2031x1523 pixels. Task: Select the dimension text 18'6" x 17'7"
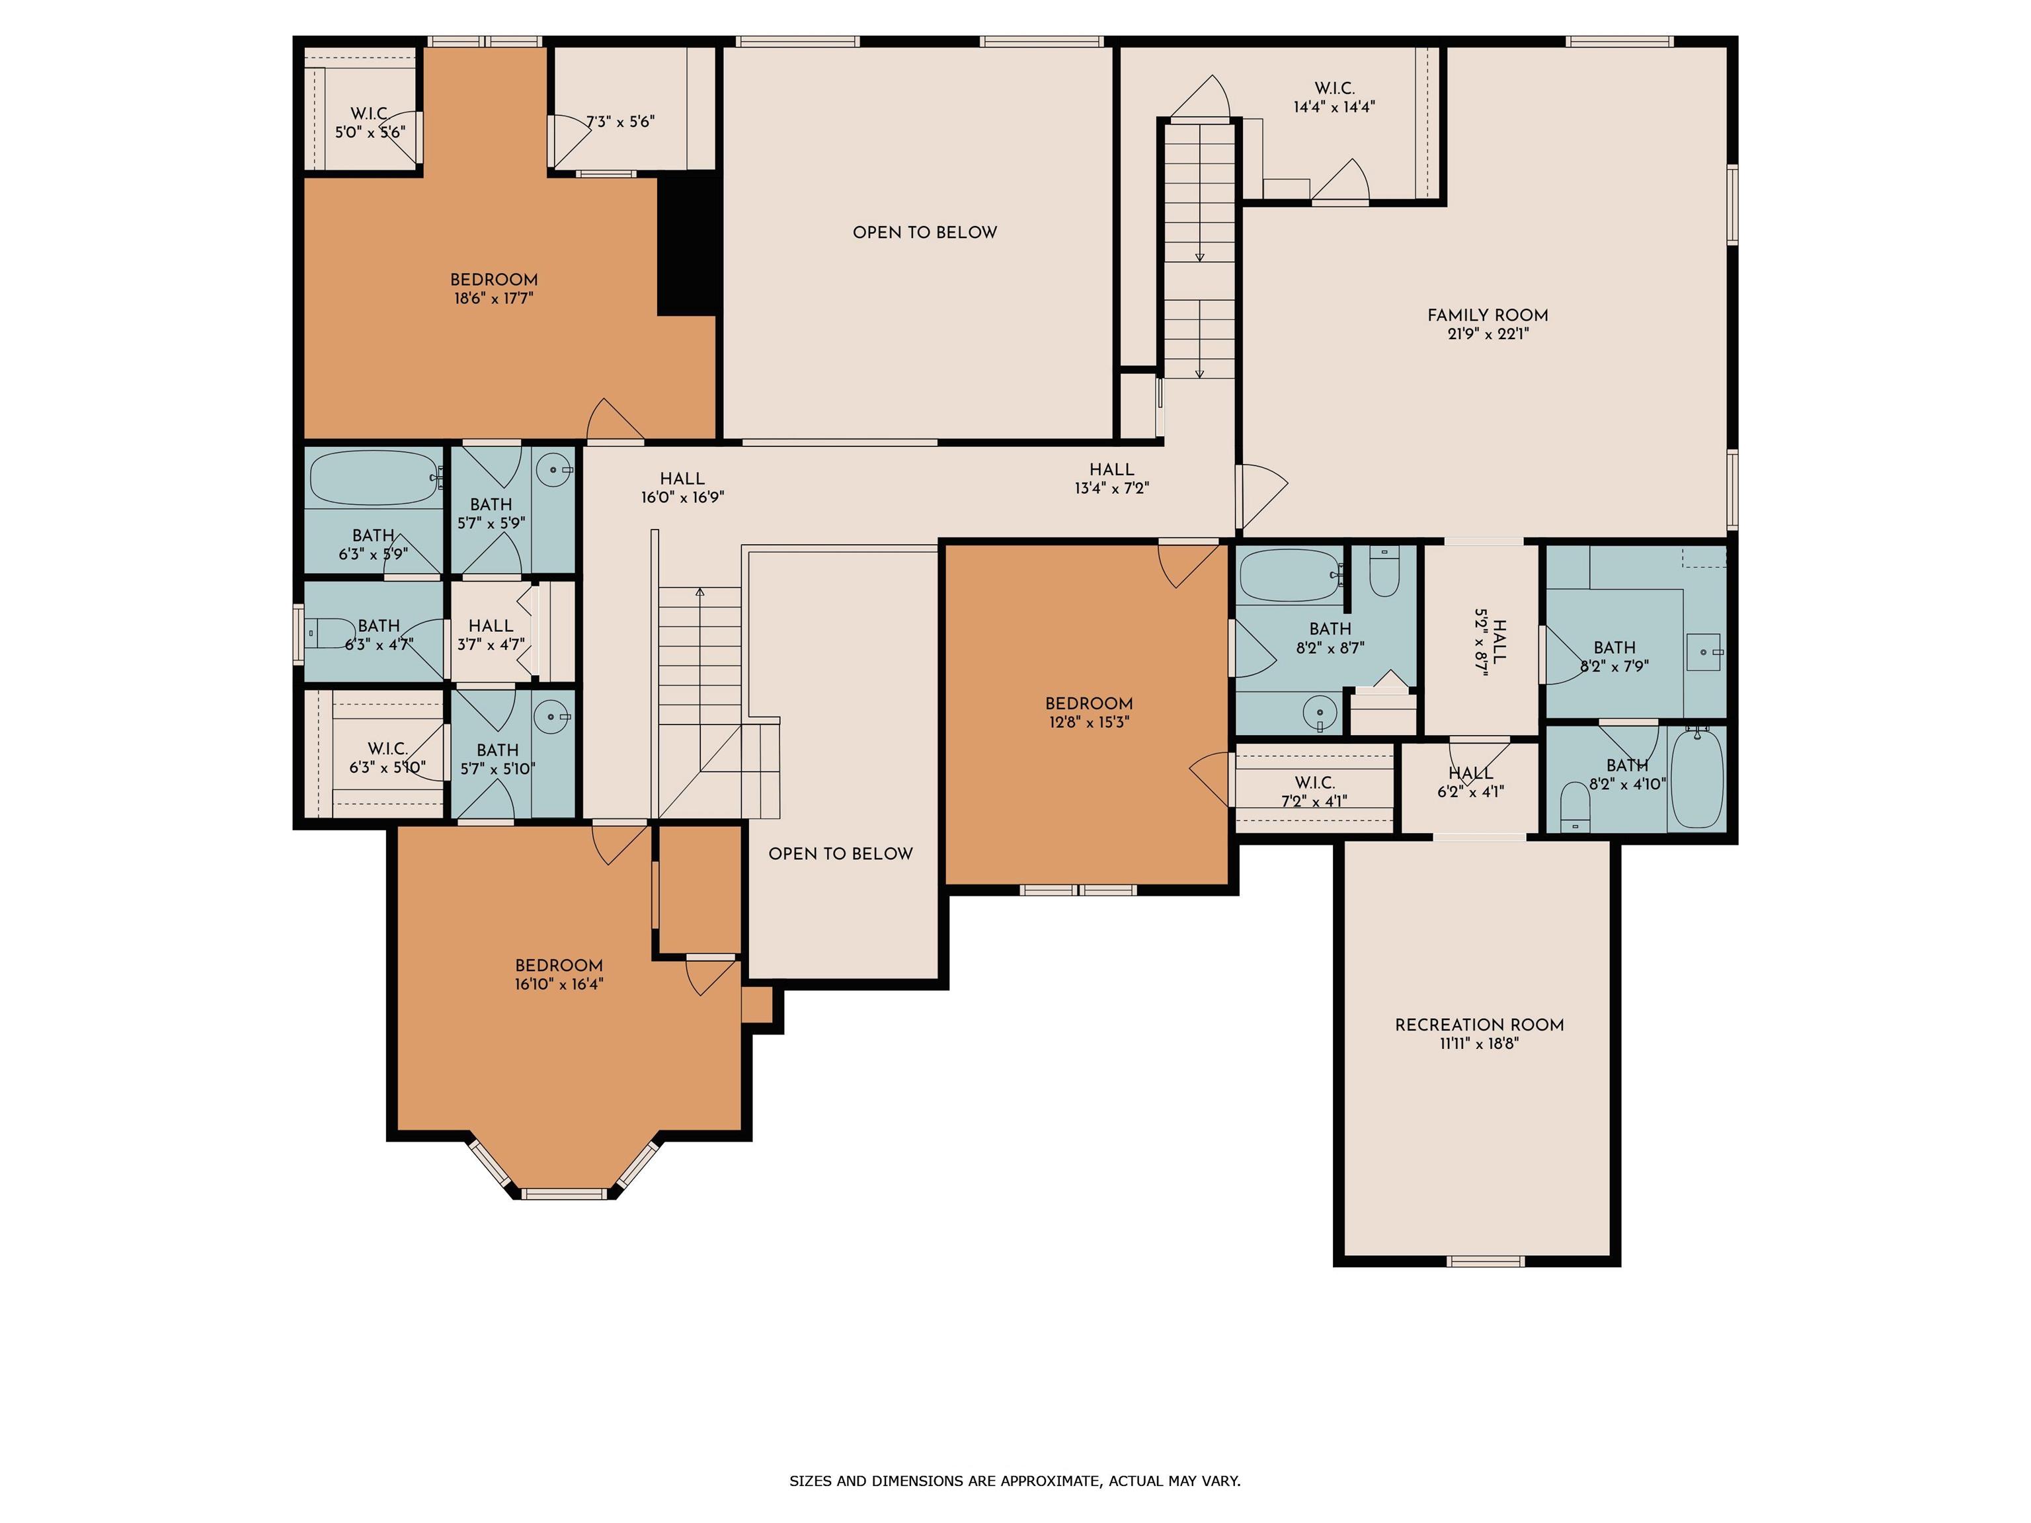(x=494, y=298)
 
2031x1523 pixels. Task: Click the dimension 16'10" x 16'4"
(x=559, y=984)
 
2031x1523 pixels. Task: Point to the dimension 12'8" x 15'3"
(x=1088, y=722)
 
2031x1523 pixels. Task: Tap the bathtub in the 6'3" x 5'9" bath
(x=375, y=477)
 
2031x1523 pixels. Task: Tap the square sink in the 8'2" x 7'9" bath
(x=1705, y=652)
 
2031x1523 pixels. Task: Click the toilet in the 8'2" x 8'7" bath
(x=1384, y=571)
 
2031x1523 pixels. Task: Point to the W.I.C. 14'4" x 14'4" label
(x=1334, y=97)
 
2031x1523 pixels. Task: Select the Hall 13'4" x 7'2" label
(x=1112, y=479)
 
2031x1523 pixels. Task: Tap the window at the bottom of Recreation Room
(x=1486, y=1261)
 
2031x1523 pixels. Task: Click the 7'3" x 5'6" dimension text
(x=621, y=121)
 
